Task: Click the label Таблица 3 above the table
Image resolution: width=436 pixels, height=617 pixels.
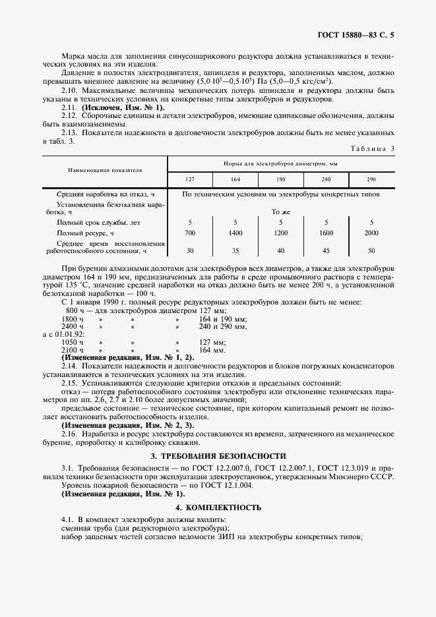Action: tap(373, 149)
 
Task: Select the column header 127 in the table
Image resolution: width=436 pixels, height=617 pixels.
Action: tap(190, 180)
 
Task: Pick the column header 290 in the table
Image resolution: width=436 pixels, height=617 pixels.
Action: tap(371, 180)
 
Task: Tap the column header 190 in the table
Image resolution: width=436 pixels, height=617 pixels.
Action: tap(280, 180)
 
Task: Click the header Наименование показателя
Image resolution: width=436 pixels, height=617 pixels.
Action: tap(105, 169)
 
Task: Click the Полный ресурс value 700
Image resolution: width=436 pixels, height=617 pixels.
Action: tap(190, 233)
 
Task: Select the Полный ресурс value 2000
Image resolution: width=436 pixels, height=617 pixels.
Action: tap(371, 233)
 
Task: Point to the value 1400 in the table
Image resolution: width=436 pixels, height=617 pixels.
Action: tap(235, 233)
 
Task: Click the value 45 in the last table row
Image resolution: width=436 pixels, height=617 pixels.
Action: tap(326, 250)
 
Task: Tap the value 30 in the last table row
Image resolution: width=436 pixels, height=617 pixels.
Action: tap(190, 250)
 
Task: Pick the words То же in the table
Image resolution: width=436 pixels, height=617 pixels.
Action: tap(281, 212)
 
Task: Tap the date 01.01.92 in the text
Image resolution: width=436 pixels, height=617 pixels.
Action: tap(67, 334)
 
